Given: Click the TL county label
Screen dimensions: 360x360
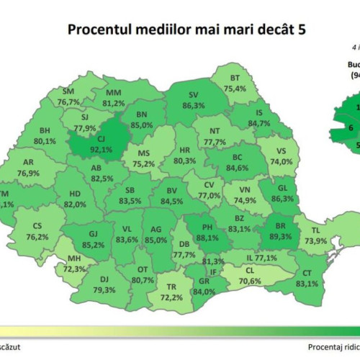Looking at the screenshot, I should pos(316,231).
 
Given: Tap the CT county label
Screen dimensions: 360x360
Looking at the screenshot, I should pos(306,274).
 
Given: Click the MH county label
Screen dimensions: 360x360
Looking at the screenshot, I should pos(75,258).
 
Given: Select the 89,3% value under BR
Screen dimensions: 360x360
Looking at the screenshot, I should pos(280,236).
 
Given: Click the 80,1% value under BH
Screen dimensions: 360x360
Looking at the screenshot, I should pos(45,141).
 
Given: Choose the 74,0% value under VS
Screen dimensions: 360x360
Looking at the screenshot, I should pos(282,162).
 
